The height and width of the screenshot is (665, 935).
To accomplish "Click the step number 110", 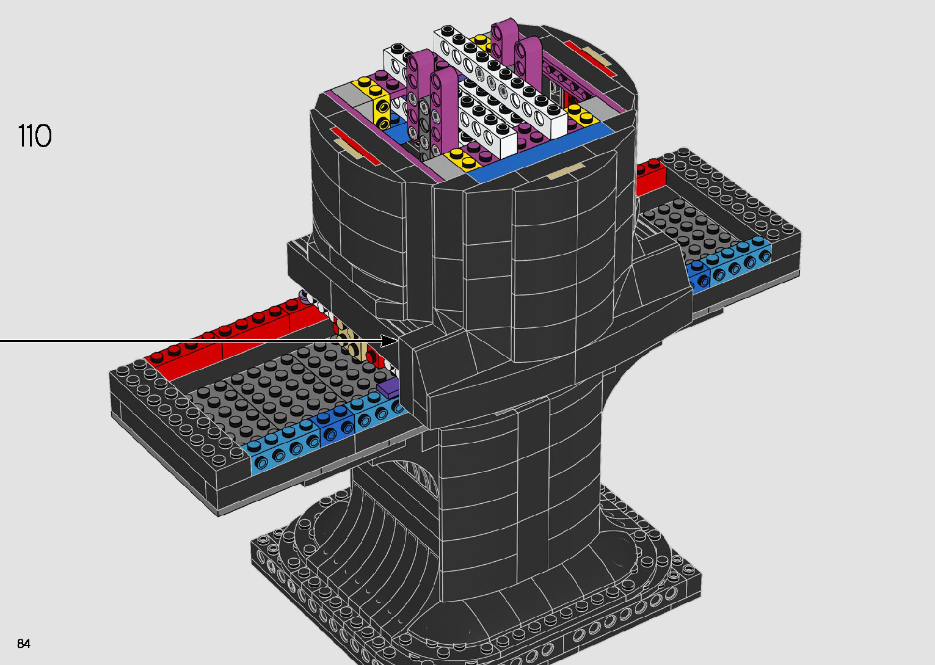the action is (x=35, y=136).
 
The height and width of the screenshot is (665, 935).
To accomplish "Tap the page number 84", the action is (x=24, y=643).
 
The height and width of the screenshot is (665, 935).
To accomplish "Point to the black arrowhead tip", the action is (x=399, y=341).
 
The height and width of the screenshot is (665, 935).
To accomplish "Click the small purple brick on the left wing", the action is (x=388, y=387).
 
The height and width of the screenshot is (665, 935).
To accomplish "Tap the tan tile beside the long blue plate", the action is (x=565, y=171).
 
